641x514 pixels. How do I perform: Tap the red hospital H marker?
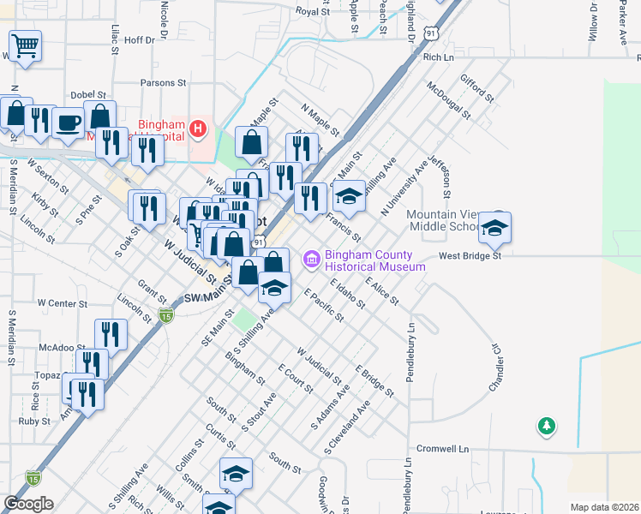199,130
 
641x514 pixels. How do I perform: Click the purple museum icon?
312,257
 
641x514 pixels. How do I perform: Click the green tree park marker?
546,426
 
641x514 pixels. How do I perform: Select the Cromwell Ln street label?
444,449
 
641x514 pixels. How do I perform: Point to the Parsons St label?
163,84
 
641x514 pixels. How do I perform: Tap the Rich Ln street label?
437,57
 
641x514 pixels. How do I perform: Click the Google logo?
28,504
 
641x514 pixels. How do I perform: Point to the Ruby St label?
34,421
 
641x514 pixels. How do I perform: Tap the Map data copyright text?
603,507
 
